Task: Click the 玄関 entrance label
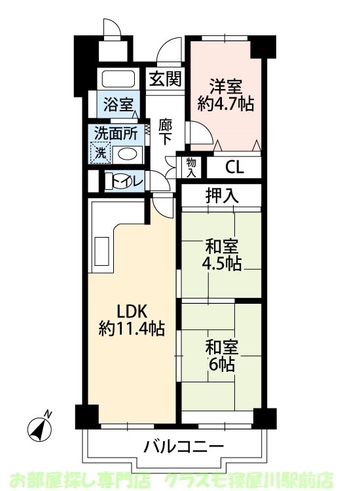point(164,80)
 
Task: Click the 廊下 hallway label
point(165,131)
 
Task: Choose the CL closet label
point(234,167)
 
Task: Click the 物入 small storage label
point(191,168)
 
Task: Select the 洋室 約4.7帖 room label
point(226,94)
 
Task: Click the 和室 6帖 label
point(221,355)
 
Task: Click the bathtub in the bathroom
point(118,79)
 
